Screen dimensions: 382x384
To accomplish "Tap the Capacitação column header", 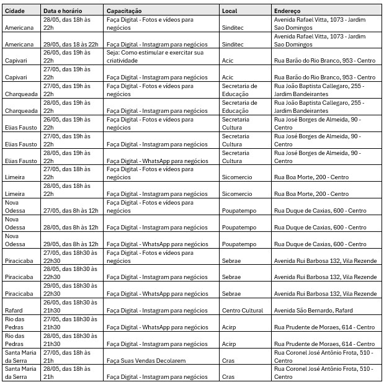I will tap(124, 11).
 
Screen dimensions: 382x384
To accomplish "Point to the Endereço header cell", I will tap(287, 11).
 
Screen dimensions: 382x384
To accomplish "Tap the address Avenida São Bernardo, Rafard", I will tap(313, 311).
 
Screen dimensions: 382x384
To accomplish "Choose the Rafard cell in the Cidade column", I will tap(14, 311).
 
